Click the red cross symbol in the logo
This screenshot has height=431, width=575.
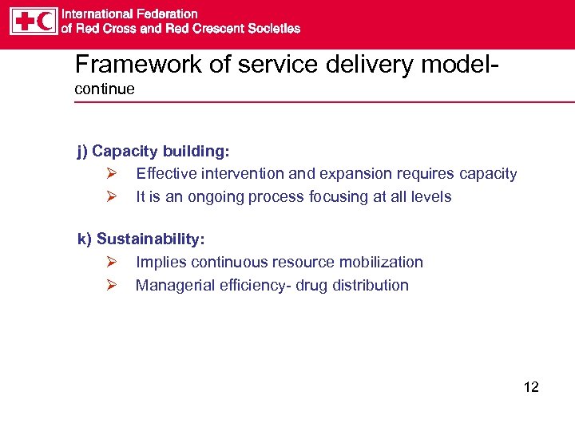pos(23,21)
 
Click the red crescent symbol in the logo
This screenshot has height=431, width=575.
pos(46,21)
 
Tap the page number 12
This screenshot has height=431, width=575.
pos(531,387)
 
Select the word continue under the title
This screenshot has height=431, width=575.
pos(105,89)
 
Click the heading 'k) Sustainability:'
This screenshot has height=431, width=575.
pos(141,239)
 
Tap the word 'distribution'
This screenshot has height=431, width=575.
pos(369,285)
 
